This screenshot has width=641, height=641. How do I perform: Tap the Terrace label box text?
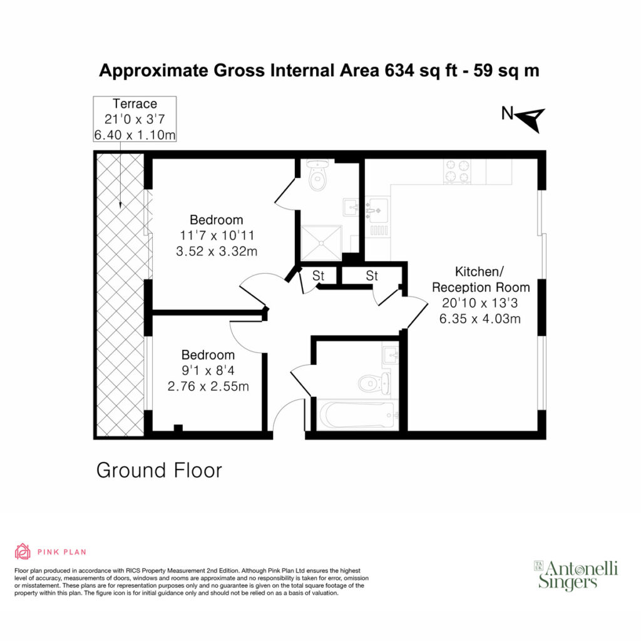click(x=135, y=119)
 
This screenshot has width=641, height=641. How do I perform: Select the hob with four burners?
click(x=458, y=172)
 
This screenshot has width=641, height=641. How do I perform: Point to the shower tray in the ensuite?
click(x=321, y=243)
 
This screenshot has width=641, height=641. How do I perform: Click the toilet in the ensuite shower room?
click(x=317, y=175)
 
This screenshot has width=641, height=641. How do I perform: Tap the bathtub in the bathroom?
click(x=356, y=415)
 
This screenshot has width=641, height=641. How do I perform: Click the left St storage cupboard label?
click(x=318, y=276)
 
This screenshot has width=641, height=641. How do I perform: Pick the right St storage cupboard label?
click(x=372, y=276)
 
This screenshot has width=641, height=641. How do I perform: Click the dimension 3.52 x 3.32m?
click(x=217, y=251)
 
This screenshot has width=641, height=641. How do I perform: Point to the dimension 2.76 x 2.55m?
click(x=208, y=386)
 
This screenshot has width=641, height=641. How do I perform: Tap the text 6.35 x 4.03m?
click(x=480, y=319)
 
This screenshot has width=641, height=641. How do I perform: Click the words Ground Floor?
click(x=159, y=470)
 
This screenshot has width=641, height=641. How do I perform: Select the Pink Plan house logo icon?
click(x=23, y=551)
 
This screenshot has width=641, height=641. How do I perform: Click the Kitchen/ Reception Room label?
click(x=481, y=279)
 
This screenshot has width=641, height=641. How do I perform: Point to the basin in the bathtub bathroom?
click(x=391, y=354)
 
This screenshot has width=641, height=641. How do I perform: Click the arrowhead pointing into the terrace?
click(x=120, y=205)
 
